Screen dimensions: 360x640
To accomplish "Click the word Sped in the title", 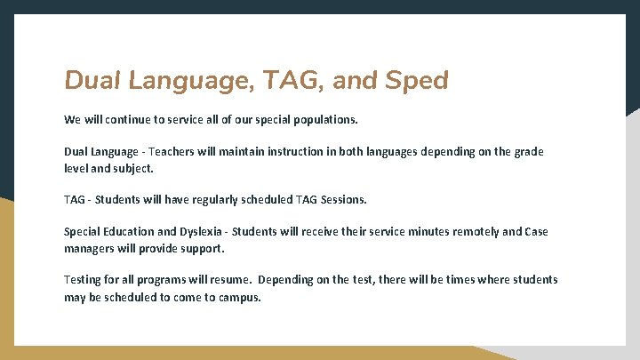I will coord(418,81).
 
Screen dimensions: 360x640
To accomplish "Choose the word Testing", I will coord(84,280).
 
